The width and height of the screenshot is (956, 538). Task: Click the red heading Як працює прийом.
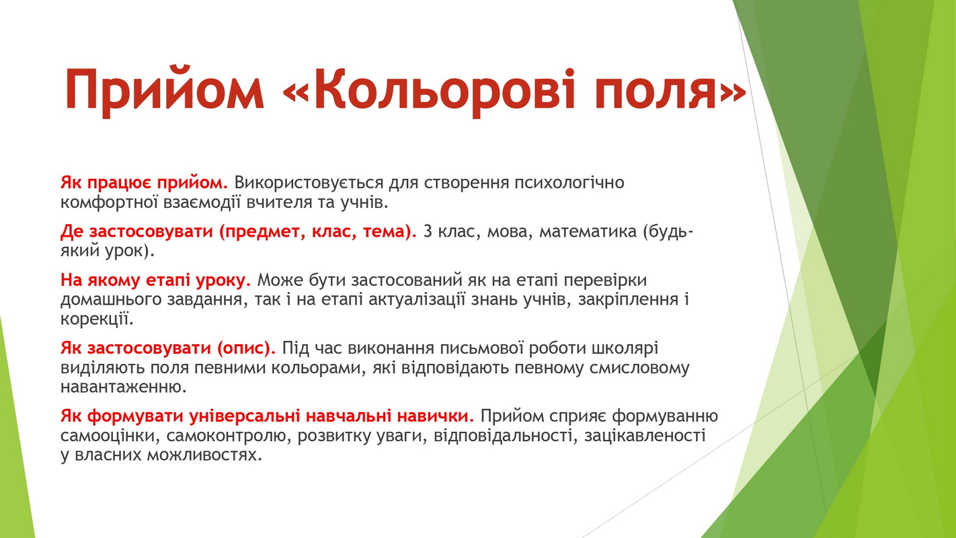(x=145, y=183)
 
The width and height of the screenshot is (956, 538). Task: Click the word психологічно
(x=569, y=183)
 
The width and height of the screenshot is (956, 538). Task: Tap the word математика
(x=588, y=232)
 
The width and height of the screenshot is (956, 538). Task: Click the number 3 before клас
(x=428, y=231)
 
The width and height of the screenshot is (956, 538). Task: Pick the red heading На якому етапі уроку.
(x=155, y=280)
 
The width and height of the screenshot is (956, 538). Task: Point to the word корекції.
(x=97, y=319)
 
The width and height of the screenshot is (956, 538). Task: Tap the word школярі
(x=625, y=348)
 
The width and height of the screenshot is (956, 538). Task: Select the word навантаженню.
(x=124, y=387)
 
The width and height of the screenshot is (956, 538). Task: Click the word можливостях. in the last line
(x=204, y=455)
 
